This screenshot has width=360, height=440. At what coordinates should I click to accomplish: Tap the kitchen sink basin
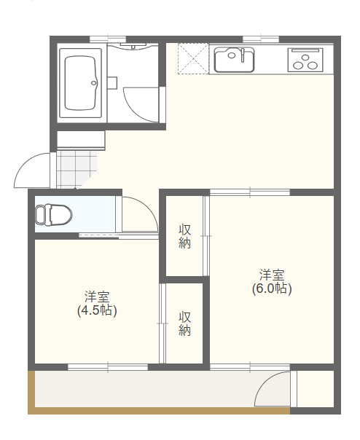coord(233,59)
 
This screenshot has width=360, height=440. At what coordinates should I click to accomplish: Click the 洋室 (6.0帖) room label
coord(272,281)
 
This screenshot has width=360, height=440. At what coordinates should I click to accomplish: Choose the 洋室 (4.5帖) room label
coord(97,303)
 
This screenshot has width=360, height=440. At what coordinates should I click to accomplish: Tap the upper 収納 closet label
coord(185,237)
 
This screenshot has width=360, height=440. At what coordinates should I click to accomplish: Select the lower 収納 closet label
coord(185,323)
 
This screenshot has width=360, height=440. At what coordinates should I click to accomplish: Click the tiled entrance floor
coord(76,168)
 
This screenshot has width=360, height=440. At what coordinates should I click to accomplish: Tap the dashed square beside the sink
coord(193,58)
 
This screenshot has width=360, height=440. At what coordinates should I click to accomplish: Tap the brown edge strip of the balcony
coord(31,393)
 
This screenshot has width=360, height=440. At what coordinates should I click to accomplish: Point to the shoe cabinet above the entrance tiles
coord(80,140)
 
